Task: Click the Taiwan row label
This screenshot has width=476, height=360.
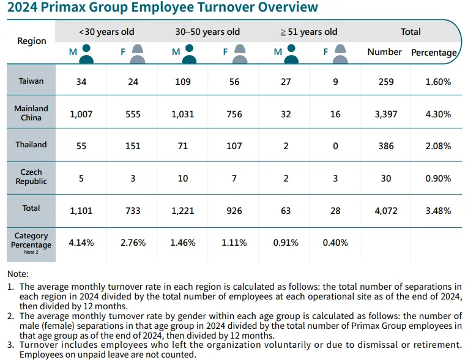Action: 31,81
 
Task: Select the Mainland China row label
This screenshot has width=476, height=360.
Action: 31,113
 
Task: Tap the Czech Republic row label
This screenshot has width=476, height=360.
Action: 31,177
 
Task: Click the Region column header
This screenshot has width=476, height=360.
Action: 31,41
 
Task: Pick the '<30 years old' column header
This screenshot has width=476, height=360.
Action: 106,32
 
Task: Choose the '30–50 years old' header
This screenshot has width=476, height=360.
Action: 207,32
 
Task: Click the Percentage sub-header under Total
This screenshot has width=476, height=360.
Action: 434,53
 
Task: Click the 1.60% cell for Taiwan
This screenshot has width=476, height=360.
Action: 438,82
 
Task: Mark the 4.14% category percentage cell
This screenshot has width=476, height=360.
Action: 81,243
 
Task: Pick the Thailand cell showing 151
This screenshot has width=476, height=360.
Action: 133,145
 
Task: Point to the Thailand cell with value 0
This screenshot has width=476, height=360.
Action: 335,145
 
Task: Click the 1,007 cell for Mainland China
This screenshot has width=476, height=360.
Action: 81,114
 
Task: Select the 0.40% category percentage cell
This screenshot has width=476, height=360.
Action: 335,243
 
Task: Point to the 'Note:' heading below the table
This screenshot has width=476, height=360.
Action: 18,274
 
